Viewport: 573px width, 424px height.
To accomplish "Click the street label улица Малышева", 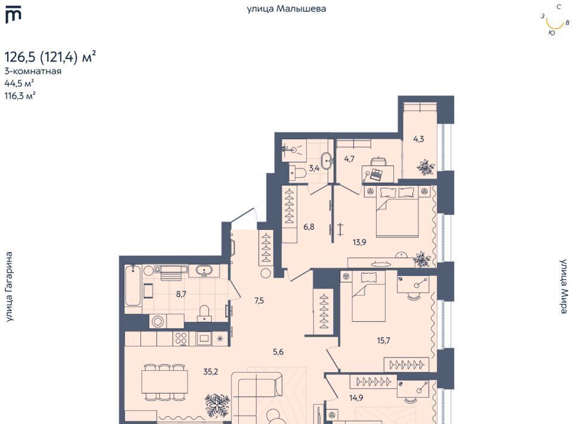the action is (286, 9).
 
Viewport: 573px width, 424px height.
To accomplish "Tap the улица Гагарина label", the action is (9, 287).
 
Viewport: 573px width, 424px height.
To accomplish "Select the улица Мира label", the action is (563, 286).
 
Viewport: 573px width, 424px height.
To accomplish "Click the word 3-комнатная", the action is (33, 71).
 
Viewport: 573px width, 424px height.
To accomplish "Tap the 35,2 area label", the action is (211, 371).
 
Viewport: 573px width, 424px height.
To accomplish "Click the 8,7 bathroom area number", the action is (181, 293).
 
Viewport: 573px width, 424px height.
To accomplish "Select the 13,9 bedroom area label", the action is (359, 242).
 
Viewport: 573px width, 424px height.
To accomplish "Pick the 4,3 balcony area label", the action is (418, 139).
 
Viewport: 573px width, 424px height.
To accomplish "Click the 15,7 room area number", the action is (383, 340).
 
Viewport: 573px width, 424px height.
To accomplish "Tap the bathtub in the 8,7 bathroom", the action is (133, 285).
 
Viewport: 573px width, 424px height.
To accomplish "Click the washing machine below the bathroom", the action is (158, 322).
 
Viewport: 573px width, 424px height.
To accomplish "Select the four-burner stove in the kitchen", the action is (181, 339).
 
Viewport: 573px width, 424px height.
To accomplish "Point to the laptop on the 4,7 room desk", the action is (376, 174).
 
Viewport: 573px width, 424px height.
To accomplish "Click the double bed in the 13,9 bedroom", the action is (398, 211).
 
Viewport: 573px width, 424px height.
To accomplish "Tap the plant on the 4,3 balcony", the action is (426, 167).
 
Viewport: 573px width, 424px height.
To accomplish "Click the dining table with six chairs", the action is (165, 382).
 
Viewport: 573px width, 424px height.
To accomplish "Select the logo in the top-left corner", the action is (14, 15).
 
